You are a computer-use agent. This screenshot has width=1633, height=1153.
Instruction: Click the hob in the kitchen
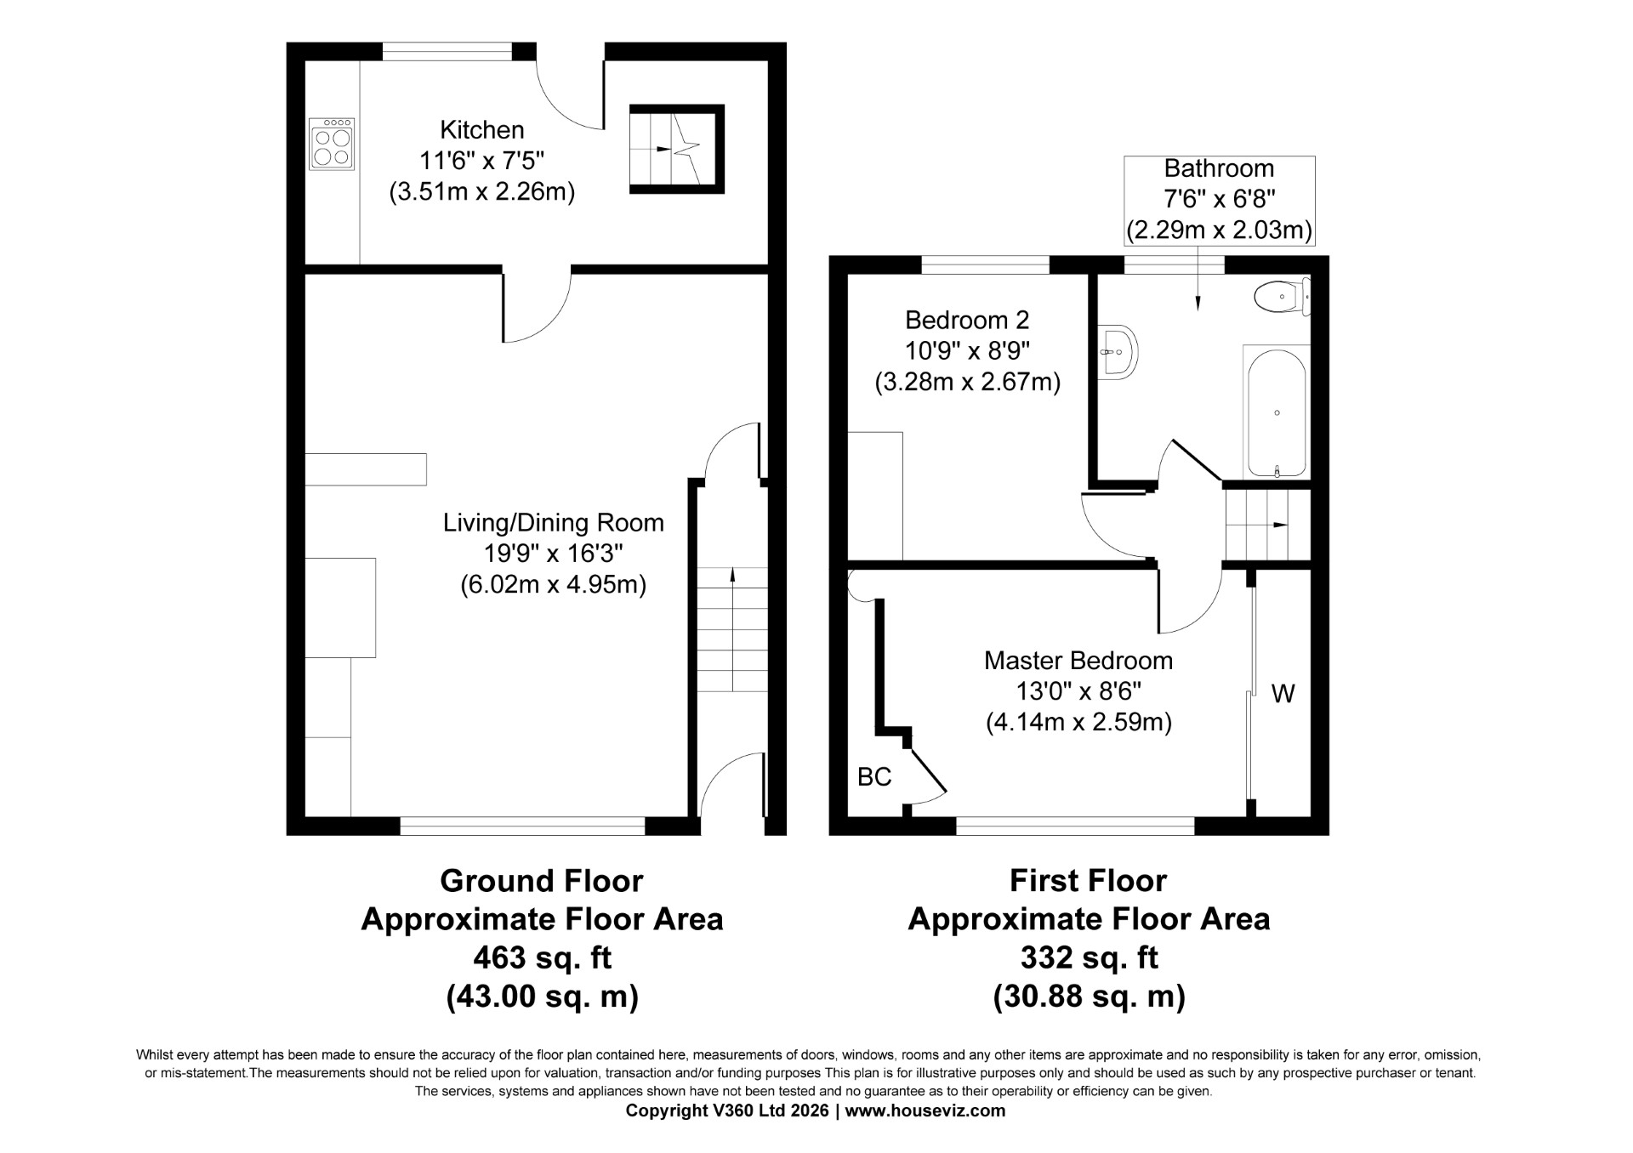point(332,144)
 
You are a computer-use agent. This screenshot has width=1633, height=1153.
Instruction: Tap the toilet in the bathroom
point(1282,297)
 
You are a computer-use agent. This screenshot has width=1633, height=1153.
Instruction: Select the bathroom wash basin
point(1118,350)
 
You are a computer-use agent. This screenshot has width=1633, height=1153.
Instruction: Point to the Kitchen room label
point(482,130)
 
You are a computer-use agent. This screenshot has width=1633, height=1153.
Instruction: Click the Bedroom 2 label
point(967,321)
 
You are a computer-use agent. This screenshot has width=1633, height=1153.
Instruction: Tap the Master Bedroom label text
point(1078,661)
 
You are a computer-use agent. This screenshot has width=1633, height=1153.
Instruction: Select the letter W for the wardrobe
point(1283,695)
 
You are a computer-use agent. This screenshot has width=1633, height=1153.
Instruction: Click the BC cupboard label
point(874,776)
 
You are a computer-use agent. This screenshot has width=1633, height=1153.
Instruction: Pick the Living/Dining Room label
point(554,523)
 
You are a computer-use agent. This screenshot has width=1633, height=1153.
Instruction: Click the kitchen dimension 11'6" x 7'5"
point(481,161)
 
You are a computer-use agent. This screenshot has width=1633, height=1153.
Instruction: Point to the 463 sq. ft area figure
point(542,958)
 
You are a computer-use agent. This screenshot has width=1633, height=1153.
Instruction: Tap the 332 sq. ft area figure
point(1089,958)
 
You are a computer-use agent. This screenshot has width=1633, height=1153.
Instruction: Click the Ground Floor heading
point(542,881)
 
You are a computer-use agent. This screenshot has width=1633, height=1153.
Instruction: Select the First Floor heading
point(1089,881)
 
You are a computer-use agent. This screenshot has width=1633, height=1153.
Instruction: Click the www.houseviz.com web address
point(926,1110)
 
